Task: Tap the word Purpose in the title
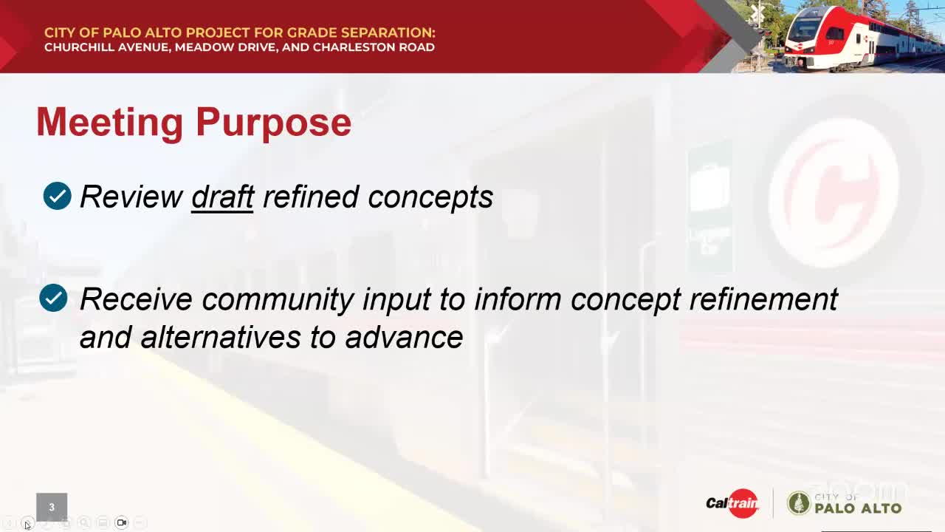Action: pyautogui.click(x=273, y=123)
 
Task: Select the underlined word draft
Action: pyautogui.click(x=222, y=197)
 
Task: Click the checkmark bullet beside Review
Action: pyautogui.click(x=58, y=196)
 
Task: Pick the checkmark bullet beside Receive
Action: pyautogui.click(x=54, y=298)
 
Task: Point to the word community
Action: pyautogui.click(x=278, y=300)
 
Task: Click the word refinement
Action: pyautogui.click(x=763, y=299)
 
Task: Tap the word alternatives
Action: pyautogui.click(x=220, y=338)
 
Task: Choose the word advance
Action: pyautogui.click(x=404, y=338)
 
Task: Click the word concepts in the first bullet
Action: pyautogui.click(x=430, y=197)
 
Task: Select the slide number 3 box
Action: pyautogui.click(x=52, y=507)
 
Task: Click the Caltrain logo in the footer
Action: pyautogui.click(x=732, y=503)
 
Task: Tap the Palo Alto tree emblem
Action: pyautogui.click(x=799, y=503)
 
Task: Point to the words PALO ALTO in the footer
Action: pyautogui.click(x=858, y=508)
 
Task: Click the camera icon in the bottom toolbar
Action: pyautogui.click(x=122, y=522)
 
